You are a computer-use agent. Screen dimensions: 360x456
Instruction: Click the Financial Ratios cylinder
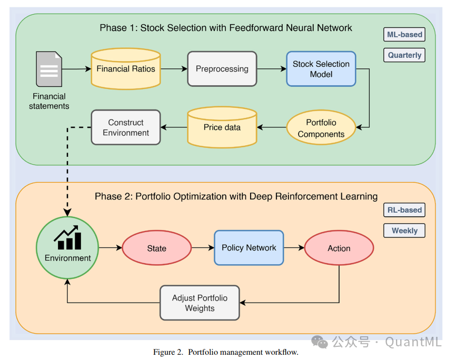pos(126,68)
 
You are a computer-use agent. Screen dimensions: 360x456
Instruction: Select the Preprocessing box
pos(222,68)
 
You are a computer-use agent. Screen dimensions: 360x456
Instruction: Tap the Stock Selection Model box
pos(321,69)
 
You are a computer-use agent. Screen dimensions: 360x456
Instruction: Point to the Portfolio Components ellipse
pos(321,128)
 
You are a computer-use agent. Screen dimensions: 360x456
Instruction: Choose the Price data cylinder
pos(222,127)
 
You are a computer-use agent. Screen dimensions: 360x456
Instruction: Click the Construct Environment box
pos(126,127)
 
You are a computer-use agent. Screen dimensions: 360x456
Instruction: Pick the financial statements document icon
pos(49,69)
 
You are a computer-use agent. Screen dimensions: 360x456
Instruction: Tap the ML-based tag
pos(404,35)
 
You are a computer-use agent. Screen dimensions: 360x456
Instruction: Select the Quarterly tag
pos(404,55)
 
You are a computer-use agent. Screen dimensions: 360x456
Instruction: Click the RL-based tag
pos(404,210)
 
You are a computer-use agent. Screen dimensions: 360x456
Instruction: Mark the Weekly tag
pos(404,230)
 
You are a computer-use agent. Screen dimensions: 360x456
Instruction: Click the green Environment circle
pos(67,248)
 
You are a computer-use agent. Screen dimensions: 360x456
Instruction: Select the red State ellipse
pos(156,248)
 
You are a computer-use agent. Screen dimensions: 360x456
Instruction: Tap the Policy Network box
pos(249,247)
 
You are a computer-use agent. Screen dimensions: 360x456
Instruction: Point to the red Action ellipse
pos(339,248)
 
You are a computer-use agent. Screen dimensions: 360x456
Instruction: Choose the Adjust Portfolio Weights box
pos(200,303)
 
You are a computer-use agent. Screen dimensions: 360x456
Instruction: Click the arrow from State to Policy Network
pos(202,247)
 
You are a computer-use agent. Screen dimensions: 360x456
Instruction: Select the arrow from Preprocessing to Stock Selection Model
pos(271,69)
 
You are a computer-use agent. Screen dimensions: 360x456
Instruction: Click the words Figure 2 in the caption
pos(167,352)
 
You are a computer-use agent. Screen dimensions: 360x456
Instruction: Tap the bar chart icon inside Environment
pos(67,237)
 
